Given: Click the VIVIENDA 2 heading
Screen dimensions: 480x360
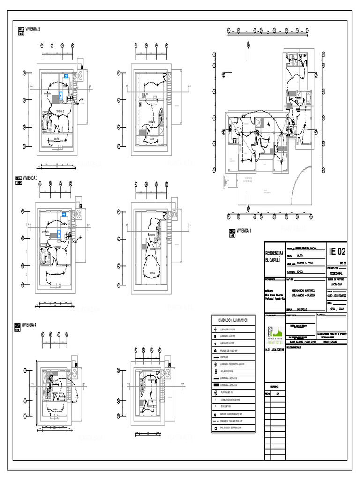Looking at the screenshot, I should tap(33, 29).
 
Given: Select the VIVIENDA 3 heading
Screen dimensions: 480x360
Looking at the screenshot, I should tap(30, 178).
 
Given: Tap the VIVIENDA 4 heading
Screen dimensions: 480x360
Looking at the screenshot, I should tap(29, 324).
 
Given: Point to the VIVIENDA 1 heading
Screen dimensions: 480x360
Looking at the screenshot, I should tap(244, 231).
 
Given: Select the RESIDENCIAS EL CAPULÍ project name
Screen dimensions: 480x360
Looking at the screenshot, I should tap(274, 256).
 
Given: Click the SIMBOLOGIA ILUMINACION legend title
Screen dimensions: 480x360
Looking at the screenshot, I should tap(233, 320).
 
